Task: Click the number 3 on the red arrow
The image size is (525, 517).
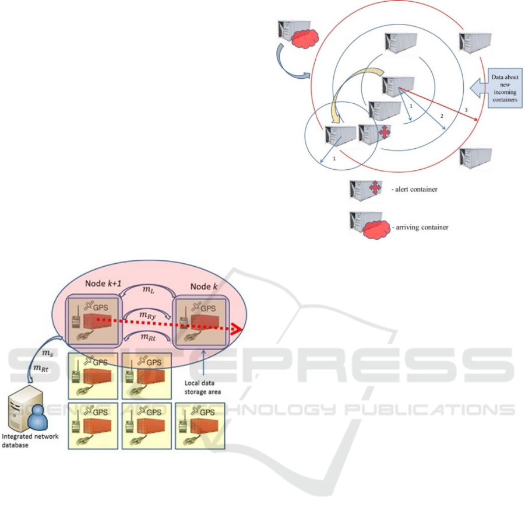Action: click(466, 110)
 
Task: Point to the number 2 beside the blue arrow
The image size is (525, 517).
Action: click(441, 117)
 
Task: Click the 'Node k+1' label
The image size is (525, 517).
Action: click(89, 285)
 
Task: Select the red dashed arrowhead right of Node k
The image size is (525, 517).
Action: click(235, 330)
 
